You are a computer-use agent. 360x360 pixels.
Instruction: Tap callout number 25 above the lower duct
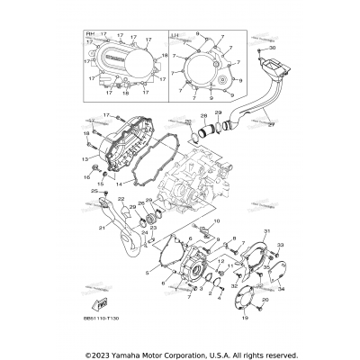click(x=92, y=191)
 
